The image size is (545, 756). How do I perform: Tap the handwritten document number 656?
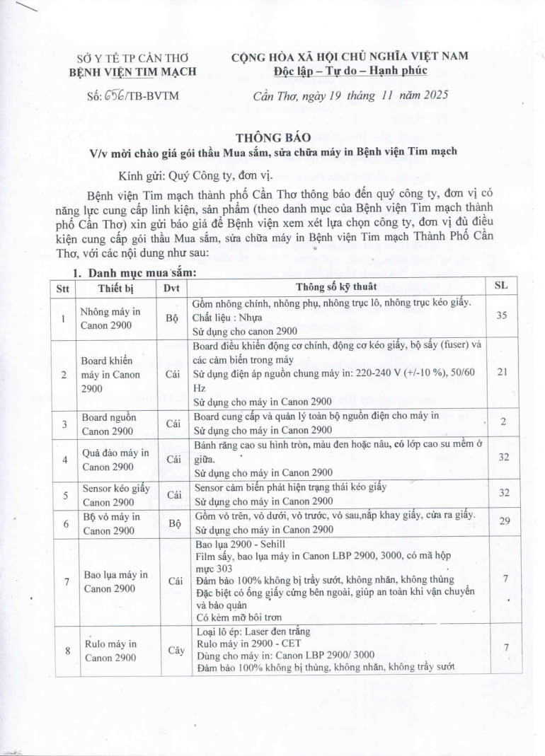(x=115, y=95)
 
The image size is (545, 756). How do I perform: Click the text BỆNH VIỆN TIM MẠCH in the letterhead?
(x=132, y=71)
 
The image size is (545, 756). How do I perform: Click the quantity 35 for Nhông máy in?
(x=502, y=315)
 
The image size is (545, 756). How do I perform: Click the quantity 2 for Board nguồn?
(x=502, y=421)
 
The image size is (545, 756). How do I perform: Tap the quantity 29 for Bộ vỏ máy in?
(x=502, y=520)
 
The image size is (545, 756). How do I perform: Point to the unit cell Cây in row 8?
(x=172, y=650)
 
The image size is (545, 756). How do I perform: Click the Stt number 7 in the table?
(x=66, y=581)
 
